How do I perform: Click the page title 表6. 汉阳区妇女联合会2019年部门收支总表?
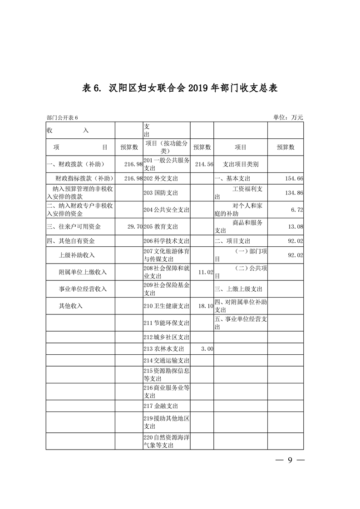pyautogui.click(x=180, y=88)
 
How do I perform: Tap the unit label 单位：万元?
pyautogui.click(x=288, y=117)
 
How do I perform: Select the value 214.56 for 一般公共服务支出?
pyautogui.click(x=203, y=164)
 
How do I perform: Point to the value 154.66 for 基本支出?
pyautogui.click(x=294, y=179)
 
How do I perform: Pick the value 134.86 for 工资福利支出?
pyautogui.click(x=294, y=193)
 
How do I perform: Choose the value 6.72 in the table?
pyautogui.click(x=297, y=210)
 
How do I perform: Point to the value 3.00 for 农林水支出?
pyautogui.click(x=207, y=349)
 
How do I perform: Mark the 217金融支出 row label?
pyautogui.click(x=160, y=406)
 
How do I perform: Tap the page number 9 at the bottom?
pyautogui.click(x=290, y=460)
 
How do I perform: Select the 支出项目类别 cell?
pyautogui.click(x=241, y=164)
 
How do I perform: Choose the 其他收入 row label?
pyautogui.click(x=71, y=306)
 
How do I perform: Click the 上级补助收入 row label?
pyautogui.click(x=77, y=255)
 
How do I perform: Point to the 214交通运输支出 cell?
pyautogui.click(x=166, y=361)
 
